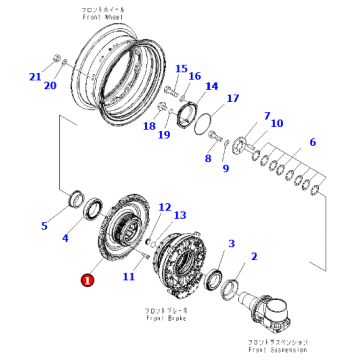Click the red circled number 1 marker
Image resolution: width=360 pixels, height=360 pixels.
(87, 281)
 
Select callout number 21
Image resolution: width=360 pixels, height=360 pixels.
(34, 76)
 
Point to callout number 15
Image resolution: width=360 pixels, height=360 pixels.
(181, 69)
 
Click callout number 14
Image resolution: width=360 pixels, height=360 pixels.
(211, 87)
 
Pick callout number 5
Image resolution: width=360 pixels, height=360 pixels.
(43, 226)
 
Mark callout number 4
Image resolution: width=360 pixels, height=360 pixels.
(66, 238)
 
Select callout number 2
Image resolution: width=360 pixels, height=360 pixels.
(253, 257)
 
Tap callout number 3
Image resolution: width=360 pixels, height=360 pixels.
(231, 244)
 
